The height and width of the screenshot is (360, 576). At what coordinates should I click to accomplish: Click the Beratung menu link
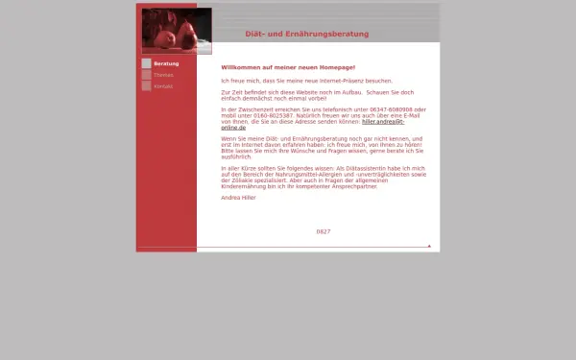point(166,63)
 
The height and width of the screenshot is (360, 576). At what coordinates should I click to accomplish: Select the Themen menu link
point(163,75)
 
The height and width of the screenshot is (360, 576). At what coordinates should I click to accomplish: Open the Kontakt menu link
point(163,86)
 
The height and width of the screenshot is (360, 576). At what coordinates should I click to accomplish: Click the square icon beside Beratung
point(146,63)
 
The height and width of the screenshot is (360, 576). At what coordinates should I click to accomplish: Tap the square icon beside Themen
point(146,75)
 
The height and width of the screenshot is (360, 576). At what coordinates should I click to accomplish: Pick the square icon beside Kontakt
point(146,86)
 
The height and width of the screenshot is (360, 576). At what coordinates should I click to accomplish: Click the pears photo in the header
point(177,30)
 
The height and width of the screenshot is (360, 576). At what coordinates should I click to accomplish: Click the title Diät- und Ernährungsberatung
point(306,34)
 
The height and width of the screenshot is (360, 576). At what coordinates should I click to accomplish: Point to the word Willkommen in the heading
point(241,67)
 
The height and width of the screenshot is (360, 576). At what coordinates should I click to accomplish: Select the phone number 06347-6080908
point(403,109)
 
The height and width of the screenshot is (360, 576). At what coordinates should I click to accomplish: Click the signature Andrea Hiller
point(239,197)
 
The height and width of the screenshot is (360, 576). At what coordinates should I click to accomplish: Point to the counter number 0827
point(324,231)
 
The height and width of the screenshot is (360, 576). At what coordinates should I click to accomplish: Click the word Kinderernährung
point(244,185)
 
